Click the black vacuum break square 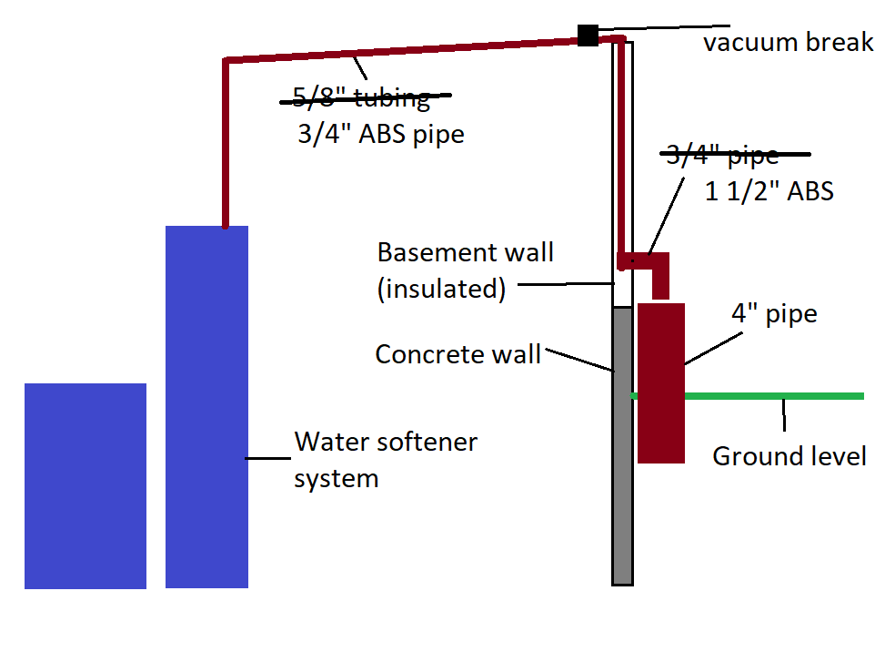[588, 36]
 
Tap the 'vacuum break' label [788, 43]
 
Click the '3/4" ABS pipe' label [381, 135]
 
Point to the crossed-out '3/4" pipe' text [723, 156]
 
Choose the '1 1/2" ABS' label [769, 192]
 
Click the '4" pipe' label [774, 315]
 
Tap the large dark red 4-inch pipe [661, 382]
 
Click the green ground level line [773, 396]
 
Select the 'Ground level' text [789, 455]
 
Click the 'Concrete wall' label [458, 353]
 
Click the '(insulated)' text [441, 289]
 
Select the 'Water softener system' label [385, 460]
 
